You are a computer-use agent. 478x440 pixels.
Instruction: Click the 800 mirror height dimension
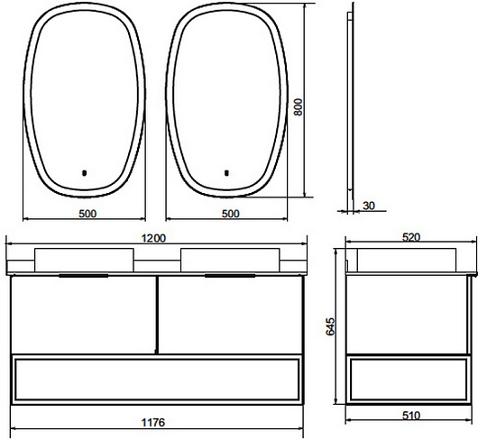pos(299,107)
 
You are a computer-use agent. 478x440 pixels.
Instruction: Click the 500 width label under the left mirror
pos(87,214)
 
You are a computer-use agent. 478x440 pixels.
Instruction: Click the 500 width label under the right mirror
pos(231,214)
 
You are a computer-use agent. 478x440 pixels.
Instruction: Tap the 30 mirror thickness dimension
pos(369,206)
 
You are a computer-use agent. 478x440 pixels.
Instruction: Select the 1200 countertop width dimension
pos(154,238)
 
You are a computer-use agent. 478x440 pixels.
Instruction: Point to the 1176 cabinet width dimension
pos(153,423)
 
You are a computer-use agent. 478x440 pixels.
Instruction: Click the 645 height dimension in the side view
pos(330,326)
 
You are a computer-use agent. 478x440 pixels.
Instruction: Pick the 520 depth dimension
pos(411,237)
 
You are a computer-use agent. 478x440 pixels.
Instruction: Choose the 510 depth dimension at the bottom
pos(411,416)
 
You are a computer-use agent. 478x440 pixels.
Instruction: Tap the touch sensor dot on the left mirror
pos(85,173)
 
